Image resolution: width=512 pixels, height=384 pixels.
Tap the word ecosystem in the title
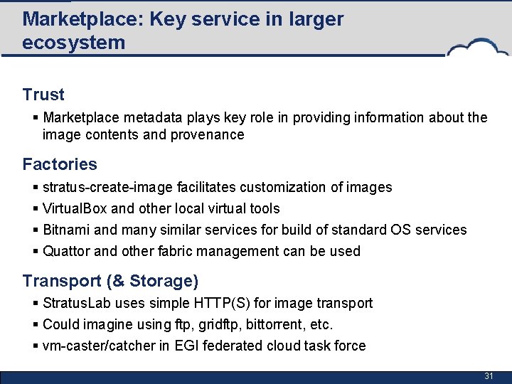[x=73, y=43]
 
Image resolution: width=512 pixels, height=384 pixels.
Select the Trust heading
[x=43, y=95]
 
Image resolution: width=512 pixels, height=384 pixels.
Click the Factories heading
[x=60, y=164]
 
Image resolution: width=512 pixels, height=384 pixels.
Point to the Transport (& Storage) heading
[x=110, y=281]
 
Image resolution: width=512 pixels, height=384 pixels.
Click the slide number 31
[x=489, y=375]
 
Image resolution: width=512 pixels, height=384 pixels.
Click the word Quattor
[x=66, y=251]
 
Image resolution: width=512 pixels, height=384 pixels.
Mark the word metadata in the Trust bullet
[x=151, y=117]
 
